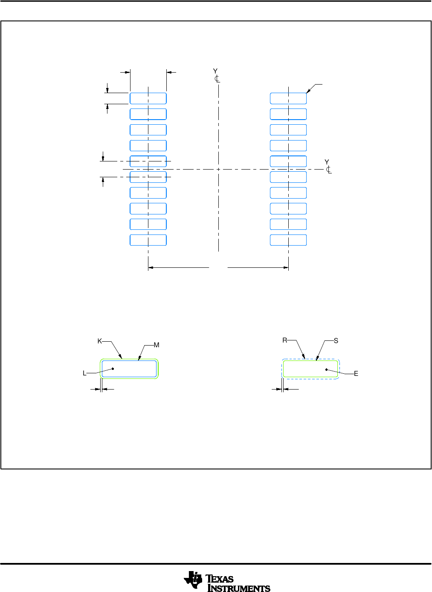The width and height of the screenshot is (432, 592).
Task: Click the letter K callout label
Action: pos(99,341)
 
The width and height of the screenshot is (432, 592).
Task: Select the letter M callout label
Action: pos(157,345)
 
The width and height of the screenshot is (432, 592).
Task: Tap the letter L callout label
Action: pos(84,373)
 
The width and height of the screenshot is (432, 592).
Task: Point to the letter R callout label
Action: pos(285,340)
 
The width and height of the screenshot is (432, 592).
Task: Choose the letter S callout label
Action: pos(336,341)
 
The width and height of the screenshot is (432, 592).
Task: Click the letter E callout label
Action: pos(356,374)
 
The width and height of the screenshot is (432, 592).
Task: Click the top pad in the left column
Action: pos(148,98)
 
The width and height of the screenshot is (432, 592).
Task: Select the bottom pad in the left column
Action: pos(148,240)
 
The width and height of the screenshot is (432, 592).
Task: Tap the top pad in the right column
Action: pos(288,98)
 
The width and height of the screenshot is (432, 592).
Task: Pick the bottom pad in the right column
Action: pos(288,240)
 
